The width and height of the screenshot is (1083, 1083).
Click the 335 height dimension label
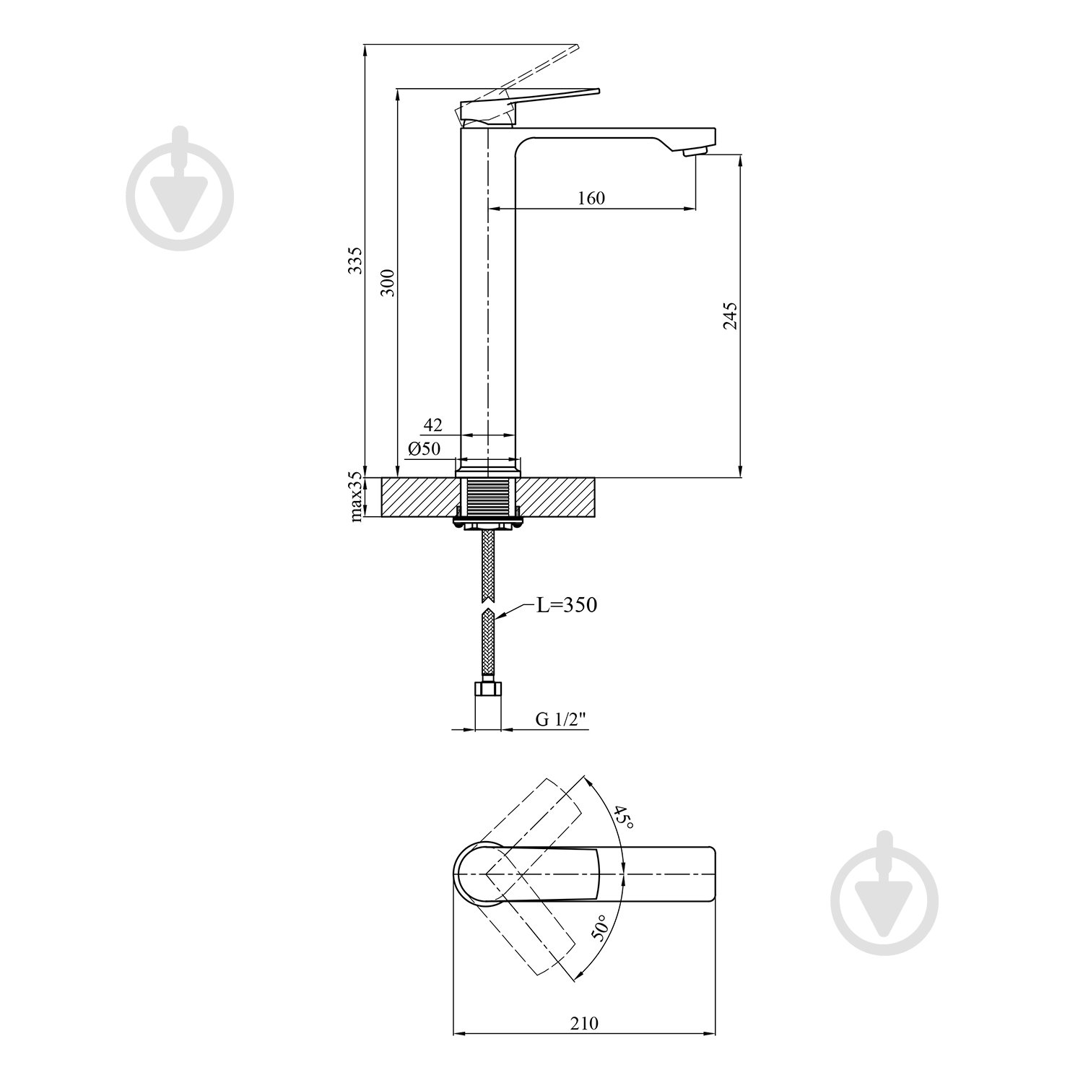coord(355,261)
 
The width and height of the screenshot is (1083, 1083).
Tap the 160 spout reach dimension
coord(591,197)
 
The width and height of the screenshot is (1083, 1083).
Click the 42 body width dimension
coord(432,425)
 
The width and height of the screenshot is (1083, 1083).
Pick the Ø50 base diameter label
coord(424,448)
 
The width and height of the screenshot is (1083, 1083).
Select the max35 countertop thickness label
coord(355,496)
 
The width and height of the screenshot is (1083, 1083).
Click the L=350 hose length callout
coord(567,604)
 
